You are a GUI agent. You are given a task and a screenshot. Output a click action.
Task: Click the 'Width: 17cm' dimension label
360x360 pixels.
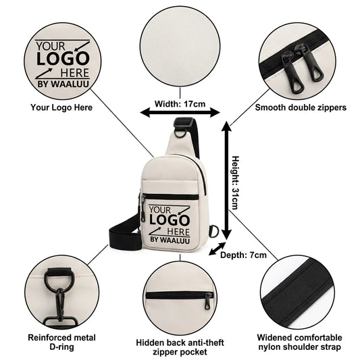[x=180, y=104]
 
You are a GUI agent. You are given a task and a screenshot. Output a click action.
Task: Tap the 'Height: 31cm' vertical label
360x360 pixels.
[x=236, y=183]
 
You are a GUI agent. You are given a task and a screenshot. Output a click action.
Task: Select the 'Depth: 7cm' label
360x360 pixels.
[x=243, y=255]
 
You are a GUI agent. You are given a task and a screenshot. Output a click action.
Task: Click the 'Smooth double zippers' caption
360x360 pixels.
[x=301, y=107]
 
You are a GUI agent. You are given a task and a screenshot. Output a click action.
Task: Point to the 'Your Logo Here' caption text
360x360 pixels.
[x=61, y=107]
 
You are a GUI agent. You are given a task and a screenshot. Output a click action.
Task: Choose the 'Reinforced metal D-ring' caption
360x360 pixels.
[x=61, y=342]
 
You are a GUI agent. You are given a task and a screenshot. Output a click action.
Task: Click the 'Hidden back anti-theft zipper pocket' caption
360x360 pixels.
[x=180, y=347]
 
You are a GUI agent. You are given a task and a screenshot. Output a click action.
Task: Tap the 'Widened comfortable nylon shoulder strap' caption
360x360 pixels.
[x=299, y=342]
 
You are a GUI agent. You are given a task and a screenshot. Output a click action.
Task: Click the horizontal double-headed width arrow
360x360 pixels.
[x=180, y=113]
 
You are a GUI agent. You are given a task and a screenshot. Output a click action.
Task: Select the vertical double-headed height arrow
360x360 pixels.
[x=226, y=181]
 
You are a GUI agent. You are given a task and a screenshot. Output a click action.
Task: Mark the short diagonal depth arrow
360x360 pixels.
[x=217, y=249]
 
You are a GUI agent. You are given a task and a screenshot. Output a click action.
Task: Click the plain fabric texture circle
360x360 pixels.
[x=180, y=47]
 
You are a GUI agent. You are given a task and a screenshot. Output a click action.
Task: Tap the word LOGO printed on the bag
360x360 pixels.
[x=170, y=220]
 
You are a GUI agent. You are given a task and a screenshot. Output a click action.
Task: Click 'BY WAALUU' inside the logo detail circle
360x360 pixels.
[x=63, y=84]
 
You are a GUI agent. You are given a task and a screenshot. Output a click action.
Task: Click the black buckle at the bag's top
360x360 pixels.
[x=183, y=123]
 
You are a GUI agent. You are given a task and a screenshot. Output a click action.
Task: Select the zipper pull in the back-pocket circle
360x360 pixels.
[x=208, y=301]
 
